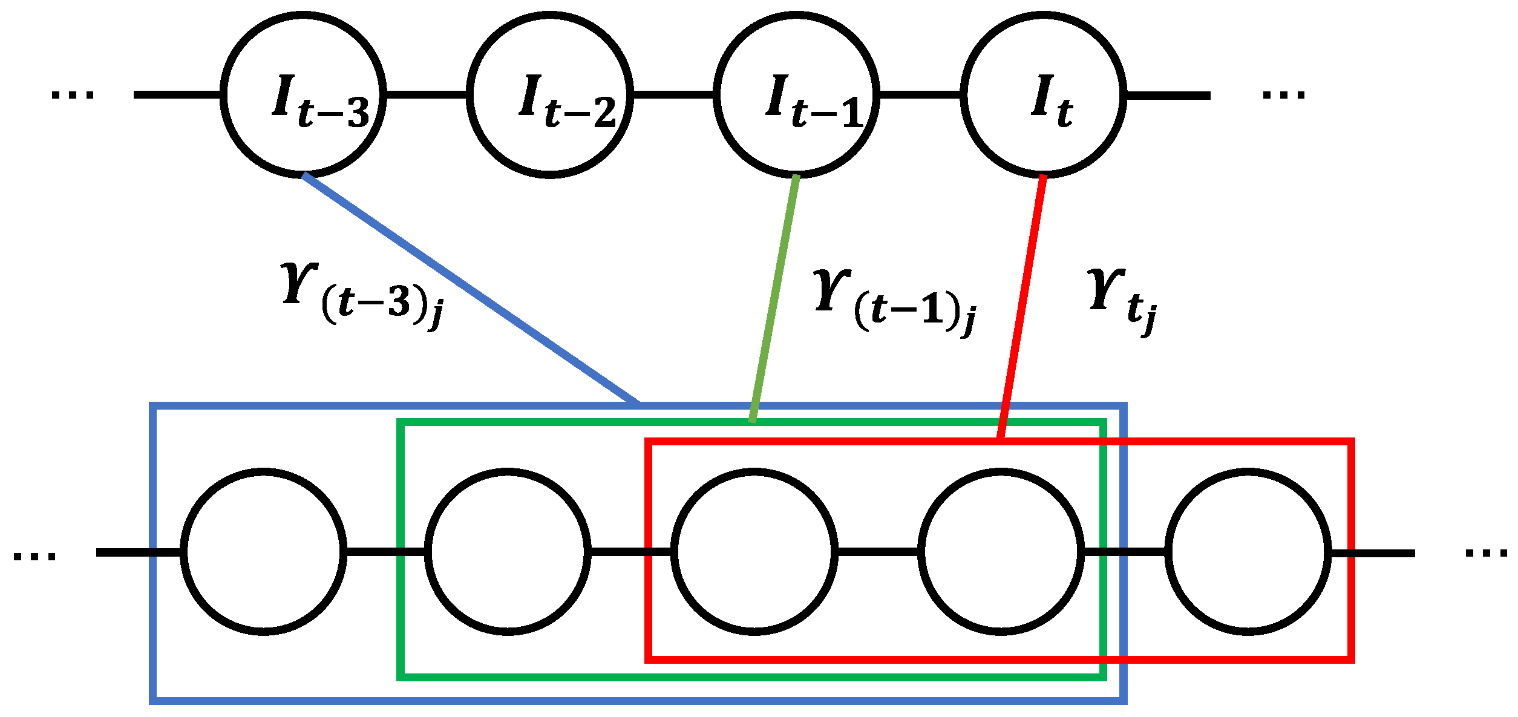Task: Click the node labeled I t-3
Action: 304,95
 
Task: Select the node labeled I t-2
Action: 550,95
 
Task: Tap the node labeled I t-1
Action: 796,95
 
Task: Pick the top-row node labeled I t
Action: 1044,95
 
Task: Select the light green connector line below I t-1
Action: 774,298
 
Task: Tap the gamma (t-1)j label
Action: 894,303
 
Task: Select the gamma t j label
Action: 1122,300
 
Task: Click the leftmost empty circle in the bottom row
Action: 263,552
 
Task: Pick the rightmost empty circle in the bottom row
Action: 1248,552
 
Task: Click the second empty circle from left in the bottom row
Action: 508,552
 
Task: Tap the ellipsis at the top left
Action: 73,95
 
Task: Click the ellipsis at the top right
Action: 1283,95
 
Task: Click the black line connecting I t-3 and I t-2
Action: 427,95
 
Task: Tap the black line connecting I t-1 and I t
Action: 920,95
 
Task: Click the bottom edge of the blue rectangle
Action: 638,701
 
